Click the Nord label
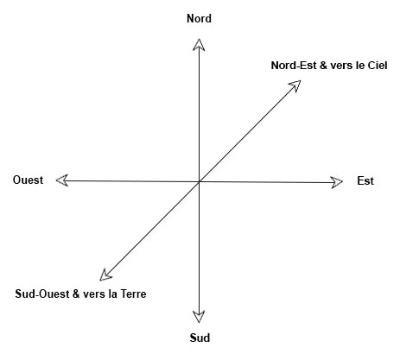click(199, 18)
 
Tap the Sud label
click(200, 338)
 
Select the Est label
click(365, 180)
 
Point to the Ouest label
click(28, 180)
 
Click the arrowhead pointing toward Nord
click(199, 45)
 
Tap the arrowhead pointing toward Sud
click(199, 317)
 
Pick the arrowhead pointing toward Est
click(337, 182)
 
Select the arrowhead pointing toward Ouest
click(62, 180)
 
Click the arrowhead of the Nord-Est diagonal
click(295, 85)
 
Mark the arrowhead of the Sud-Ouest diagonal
click(105, 275)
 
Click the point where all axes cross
click(199, 181)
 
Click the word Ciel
click(378, 66)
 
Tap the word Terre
click(133, 294)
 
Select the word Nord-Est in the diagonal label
click(294, 66)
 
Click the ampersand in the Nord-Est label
click(323, 66)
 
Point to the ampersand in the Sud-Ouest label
click(76, 294)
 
